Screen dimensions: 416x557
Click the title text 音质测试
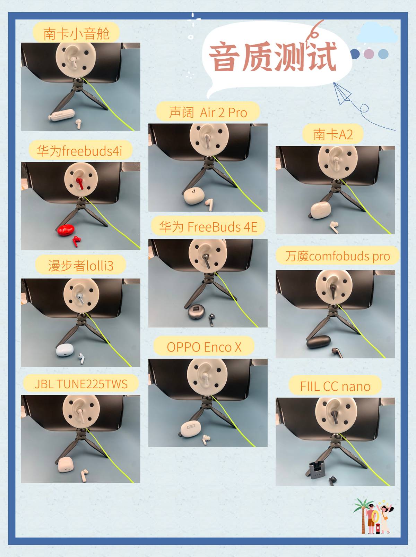[273, 56]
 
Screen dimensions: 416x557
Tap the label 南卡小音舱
[76, 33]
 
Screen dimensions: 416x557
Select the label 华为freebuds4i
[79, 151]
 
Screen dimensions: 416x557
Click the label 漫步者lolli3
[80, 266]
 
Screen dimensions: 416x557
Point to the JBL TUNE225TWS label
[81, 384]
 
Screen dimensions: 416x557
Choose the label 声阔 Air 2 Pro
[208, 113]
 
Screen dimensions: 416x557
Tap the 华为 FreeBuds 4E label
[208, 227]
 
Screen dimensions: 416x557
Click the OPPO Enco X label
[204, 347]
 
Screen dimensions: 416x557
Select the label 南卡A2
[333, 134]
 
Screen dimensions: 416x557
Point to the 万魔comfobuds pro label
[337, 256]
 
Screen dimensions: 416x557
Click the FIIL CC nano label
[335, 386]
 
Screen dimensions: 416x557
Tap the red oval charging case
[66, 230]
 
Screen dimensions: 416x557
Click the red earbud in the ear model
[80, 183]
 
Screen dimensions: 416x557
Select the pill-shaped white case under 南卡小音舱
[62, 115]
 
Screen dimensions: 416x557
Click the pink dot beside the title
[369, 54]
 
